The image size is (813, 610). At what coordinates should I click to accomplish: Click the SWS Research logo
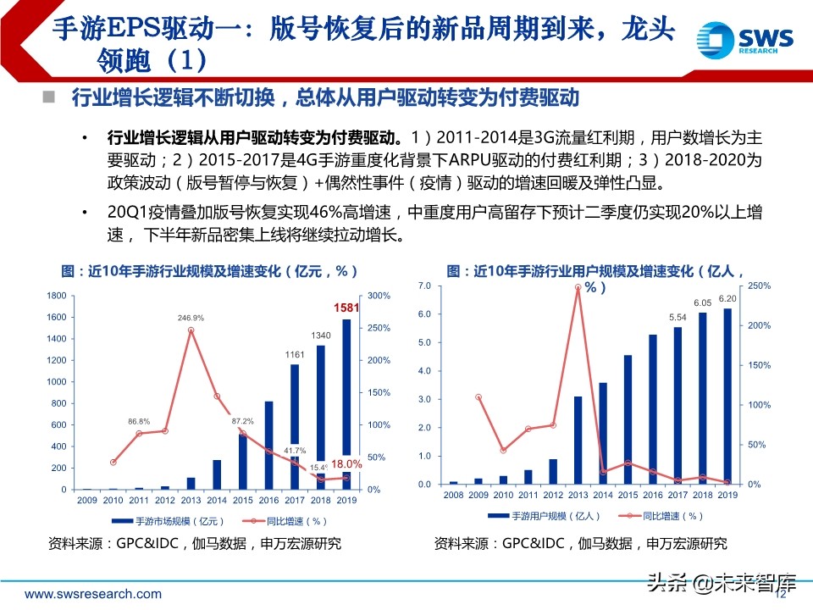745,39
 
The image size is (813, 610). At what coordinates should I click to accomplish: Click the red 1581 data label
347,307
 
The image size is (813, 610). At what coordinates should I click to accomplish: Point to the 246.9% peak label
191,318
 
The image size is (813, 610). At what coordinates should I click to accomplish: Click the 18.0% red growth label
346,464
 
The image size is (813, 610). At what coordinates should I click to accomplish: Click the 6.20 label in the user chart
727,298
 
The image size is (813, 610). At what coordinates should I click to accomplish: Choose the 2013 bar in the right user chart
578,440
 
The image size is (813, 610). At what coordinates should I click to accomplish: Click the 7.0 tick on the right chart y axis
425,286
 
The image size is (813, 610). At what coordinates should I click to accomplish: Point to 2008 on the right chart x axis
453,495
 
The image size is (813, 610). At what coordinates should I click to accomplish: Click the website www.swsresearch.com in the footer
80,591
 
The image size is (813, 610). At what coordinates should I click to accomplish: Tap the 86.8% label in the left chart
140,421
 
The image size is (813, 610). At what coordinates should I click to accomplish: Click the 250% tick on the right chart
759,286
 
